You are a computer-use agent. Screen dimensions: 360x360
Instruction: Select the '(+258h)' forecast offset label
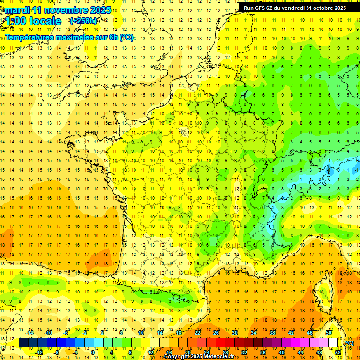83,21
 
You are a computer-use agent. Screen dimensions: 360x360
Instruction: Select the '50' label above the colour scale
329,333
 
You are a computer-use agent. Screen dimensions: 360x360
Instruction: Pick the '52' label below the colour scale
337,352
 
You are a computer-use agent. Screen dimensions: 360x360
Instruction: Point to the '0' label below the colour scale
92,352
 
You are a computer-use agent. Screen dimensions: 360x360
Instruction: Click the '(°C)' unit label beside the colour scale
349,343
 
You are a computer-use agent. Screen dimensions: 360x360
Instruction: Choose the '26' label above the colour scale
216,333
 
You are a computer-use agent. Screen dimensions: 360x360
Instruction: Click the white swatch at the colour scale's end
333,343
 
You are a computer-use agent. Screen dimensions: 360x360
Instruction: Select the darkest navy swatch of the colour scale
23,343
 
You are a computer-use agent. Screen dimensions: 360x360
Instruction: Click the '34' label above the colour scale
254,333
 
